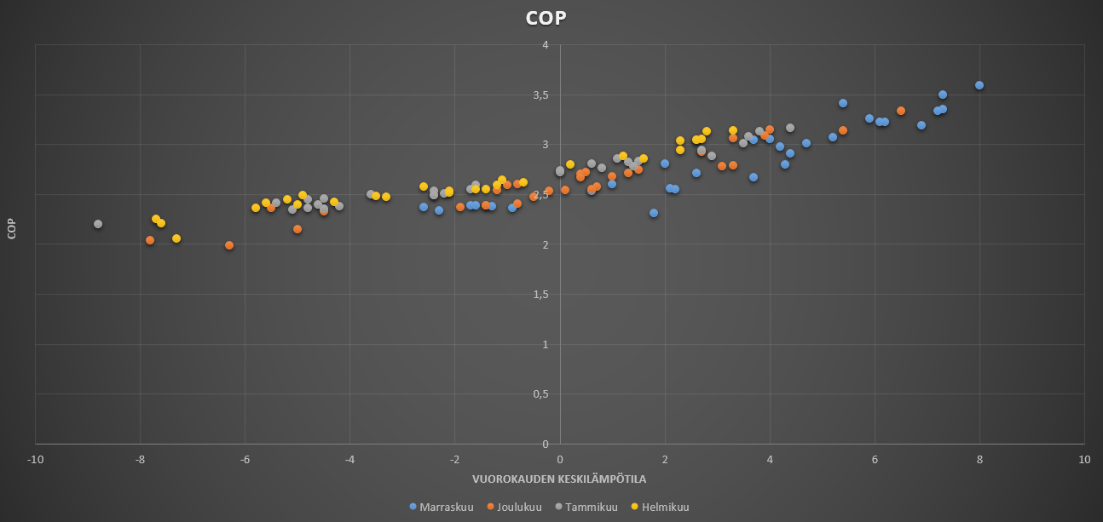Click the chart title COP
point(546,19)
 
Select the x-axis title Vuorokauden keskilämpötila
point(559,479)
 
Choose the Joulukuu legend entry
point(514,507)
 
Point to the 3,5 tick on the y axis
point(540,95)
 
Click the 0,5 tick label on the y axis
point(540,394)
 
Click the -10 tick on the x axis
point(35,460)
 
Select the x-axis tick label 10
point(1084,460)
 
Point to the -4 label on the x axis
point(349,460)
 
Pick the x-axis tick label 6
point(875,460)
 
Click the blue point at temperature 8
point(979,85)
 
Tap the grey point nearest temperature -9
point(98,224)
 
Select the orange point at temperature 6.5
point(901,111)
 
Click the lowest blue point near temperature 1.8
point(654,213)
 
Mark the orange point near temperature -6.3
point(229,245)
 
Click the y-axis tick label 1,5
point(540,295)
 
